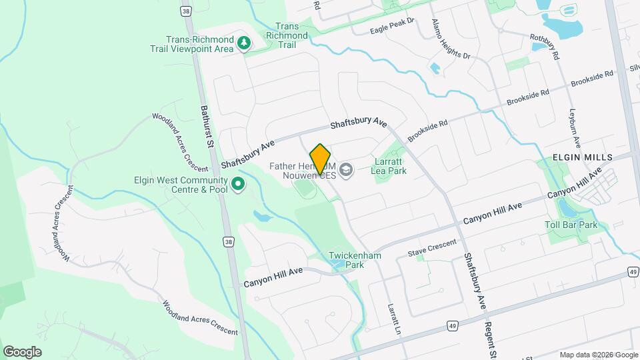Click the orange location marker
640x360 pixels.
point(320,159)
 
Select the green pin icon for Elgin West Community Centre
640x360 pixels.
point(237,183)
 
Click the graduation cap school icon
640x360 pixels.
point(345,171)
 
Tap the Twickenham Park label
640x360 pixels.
point(345,260)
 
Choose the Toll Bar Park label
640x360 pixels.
point(570,225)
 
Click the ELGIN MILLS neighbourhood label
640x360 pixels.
point(577,157)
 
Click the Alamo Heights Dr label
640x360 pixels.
point(450,39)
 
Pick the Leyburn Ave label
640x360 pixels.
point(575,129)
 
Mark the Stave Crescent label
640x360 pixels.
point(433,248)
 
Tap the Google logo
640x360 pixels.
point(22,351)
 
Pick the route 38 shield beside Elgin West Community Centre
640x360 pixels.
point(229,242)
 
